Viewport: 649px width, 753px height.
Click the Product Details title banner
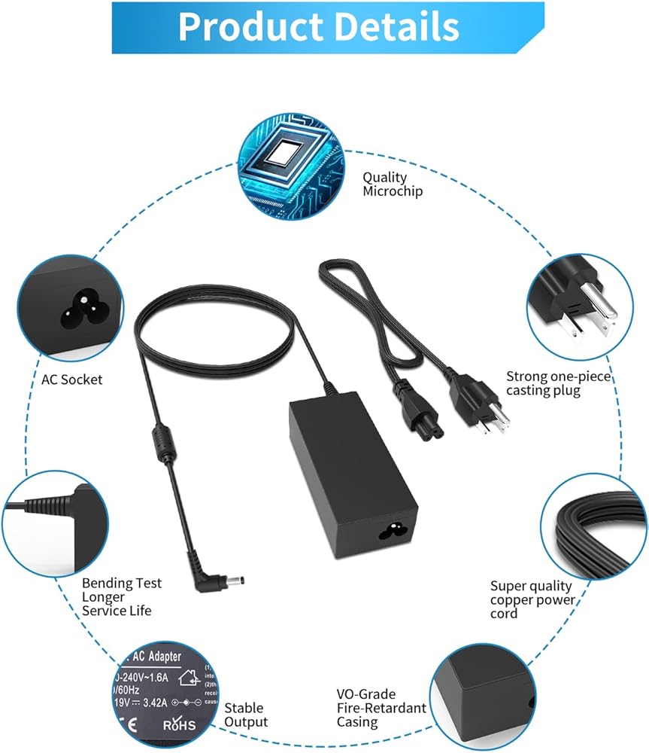[318, 27]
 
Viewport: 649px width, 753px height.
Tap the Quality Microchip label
[392, 184]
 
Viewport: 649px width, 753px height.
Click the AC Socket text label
[72, 380]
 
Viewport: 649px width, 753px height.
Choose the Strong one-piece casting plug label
[558, 383]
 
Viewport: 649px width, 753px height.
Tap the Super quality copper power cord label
[532, 599]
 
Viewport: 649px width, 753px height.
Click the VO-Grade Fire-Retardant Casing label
[381, 708]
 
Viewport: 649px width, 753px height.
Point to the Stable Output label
[245, 715]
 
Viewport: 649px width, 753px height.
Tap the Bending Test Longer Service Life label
[122, 596]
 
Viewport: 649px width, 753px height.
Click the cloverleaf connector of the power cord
[417, 416]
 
